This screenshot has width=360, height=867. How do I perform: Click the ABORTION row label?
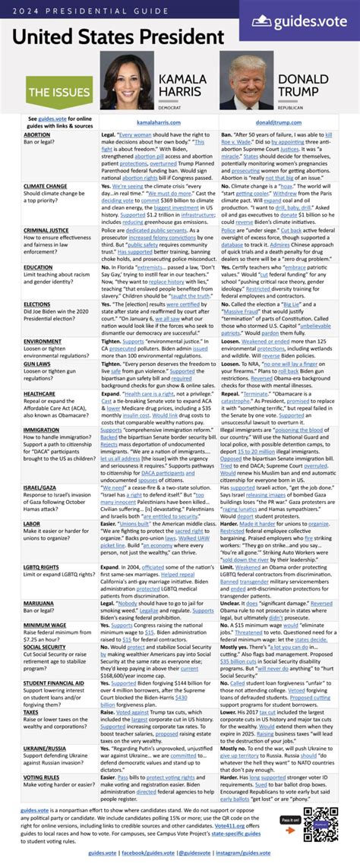pos(37,134)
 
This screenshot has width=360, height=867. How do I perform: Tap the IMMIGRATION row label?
pos(42,429)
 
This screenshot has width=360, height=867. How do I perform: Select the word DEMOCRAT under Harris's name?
pos(169,108)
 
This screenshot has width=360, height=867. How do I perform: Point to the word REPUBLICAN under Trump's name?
pos(291,108)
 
